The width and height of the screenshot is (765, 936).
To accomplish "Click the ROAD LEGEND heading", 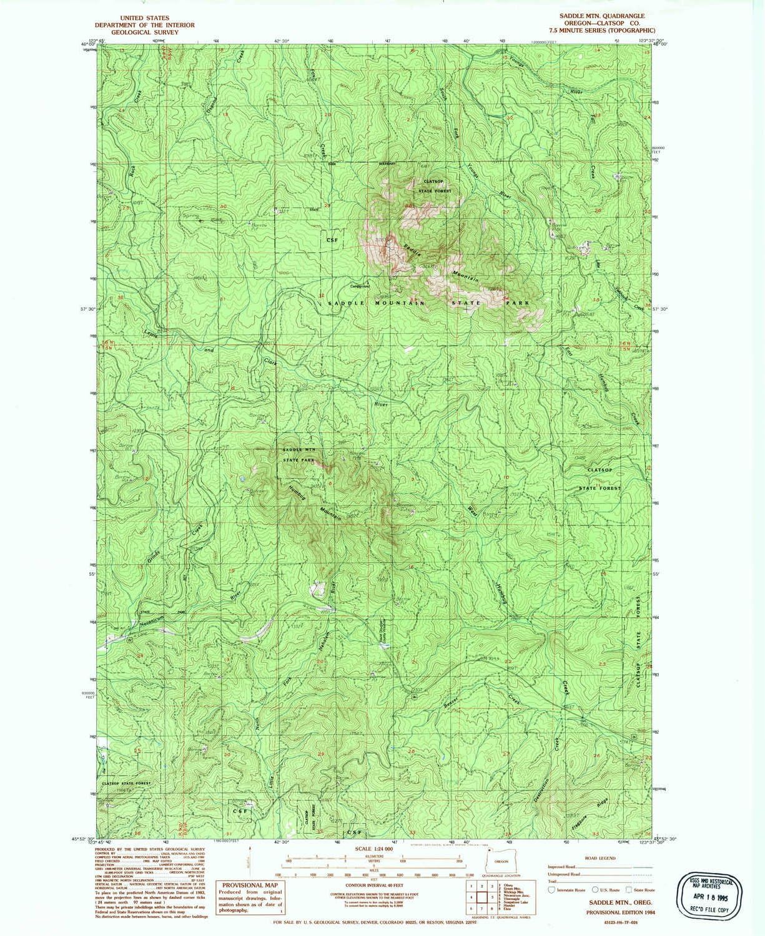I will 600,858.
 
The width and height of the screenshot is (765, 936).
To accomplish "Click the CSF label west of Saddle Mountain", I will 331,239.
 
